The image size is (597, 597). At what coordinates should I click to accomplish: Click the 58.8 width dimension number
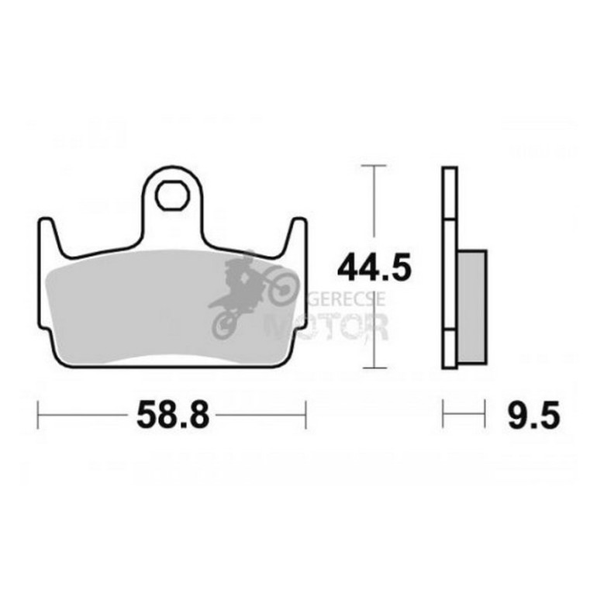tap(173, 415)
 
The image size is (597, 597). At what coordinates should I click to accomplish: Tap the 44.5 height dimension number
tap(374, 267)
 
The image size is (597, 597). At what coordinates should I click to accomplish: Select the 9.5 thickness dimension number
tap(533, 415)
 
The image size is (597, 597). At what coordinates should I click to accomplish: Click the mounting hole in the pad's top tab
tap(172, 195)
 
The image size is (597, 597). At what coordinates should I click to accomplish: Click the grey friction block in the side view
tap(472, 306)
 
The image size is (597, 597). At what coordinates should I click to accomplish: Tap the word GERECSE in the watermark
tap(346, 299)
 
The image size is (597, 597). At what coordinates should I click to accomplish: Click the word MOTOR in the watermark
tap(327, 326)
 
